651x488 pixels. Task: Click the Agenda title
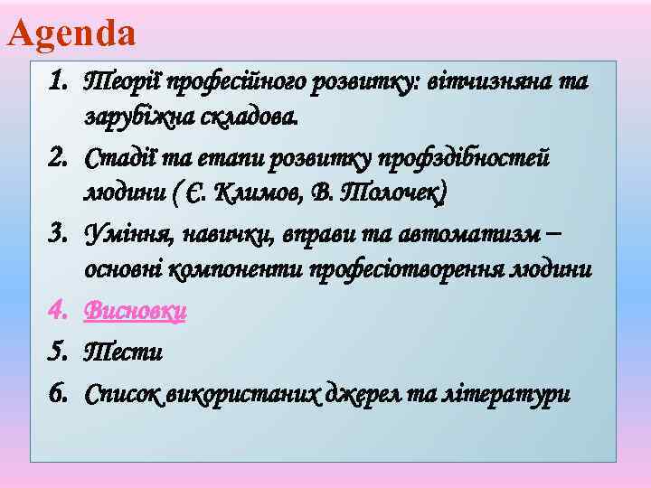tap(71, 33)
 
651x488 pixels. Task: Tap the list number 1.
tap(59, 83)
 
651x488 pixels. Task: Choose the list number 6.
tap(59, 390)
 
